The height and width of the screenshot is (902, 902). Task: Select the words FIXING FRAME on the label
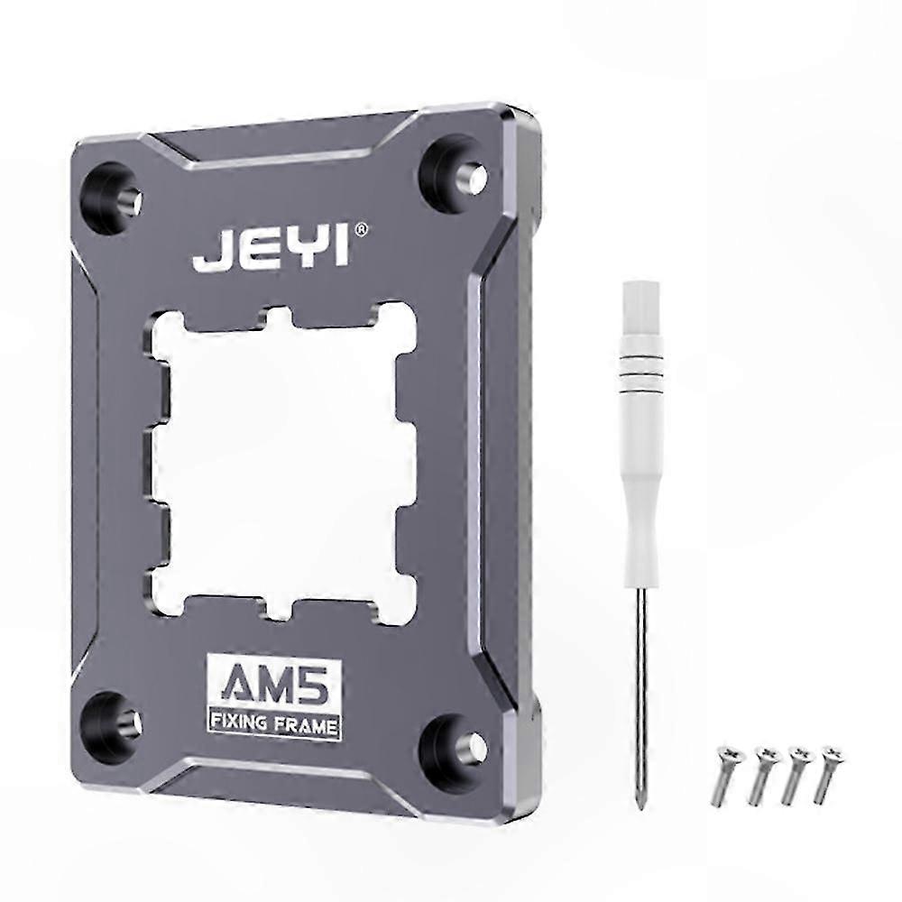[274, 723]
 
